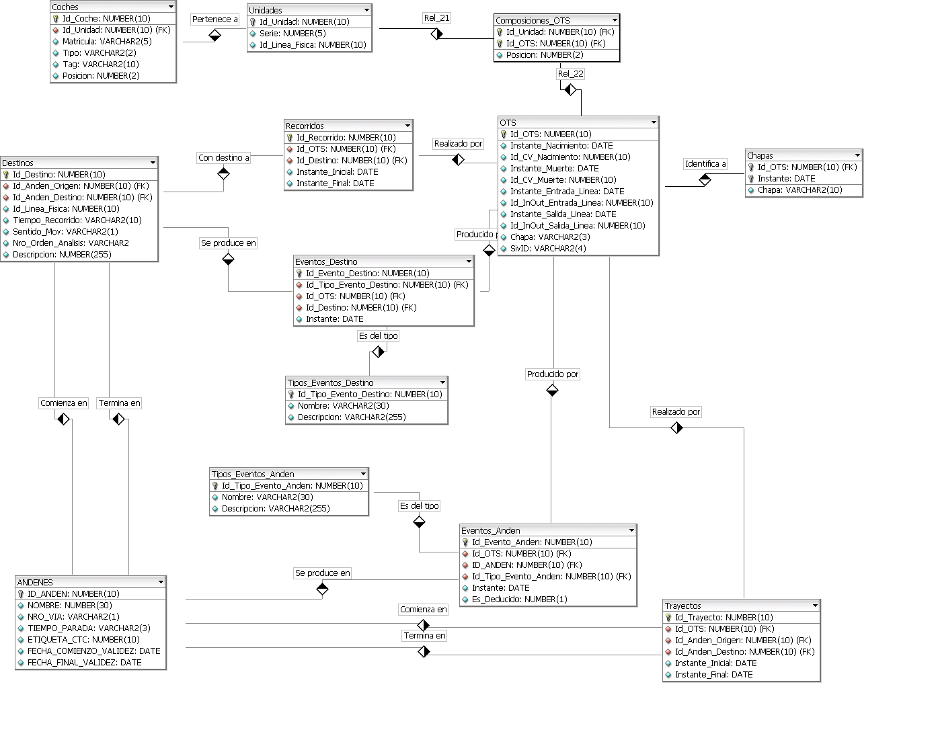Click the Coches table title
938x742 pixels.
[65, 7]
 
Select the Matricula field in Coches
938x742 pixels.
[107, 42]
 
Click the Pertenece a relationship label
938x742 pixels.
[215, 19]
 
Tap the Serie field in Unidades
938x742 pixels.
[292, 34]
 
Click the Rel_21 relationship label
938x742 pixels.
[436, 18]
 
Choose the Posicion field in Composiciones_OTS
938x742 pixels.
[545, 55]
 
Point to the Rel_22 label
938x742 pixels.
[570, 74]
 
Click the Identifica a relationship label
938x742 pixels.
[705, 164]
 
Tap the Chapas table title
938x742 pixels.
[760, 156]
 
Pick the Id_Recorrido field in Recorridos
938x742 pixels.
[346, 138]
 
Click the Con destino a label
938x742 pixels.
[224, 158]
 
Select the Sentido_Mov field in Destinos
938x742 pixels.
[65, 232]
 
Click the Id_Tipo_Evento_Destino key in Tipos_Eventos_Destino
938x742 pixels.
[370, 395]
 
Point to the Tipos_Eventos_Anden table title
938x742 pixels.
[253, 475]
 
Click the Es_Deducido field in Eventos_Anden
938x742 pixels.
[519, 600]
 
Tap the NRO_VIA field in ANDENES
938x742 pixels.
[73, 617]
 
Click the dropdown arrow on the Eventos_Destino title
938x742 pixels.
[469, 261]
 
